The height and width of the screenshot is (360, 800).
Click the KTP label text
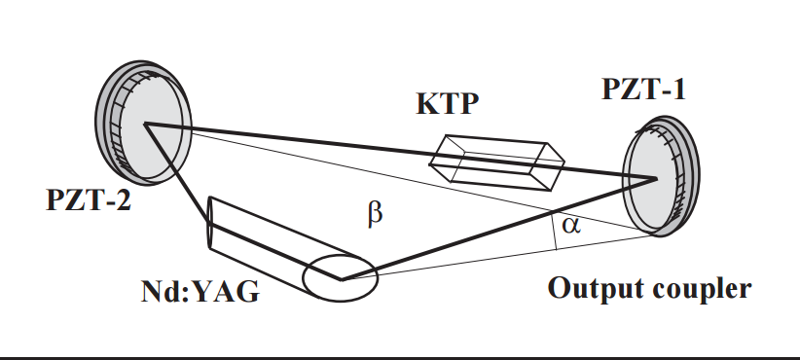click(448, 103)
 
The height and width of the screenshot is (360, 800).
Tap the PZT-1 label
click(644, 89)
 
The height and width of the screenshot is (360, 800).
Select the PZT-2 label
click(89, 199)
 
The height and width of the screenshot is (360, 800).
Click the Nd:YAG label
click(200, 292)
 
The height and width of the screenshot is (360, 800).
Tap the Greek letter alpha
click(571, 225)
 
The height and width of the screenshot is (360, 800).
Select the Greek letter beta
click(375, 214)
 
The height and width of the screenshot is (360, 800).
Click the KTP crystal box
click(497, 162)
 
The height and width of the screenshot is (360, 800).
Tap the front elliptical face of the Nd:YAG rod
click(341, 278)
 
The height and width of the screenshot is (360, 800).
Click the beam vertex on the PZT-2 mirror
click(145, 124)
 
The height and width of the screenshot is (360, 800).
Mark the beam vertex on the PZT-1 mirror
click(656, 178)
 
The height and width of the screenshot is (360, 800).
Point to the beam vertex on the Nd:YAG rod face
click(342, 279)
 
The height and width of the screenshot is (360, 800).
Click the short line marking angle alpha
click(555, 230)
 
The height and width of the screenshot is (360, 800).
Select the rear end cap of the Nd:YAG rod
click(209, 222)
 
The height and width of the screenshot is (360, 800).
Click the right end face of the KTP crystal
click(555, 166)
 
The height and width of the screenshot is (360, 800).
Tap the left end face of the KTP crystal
click(440, 158)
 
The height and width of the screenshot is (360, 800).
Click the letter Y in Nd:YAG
click(206, 292)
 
